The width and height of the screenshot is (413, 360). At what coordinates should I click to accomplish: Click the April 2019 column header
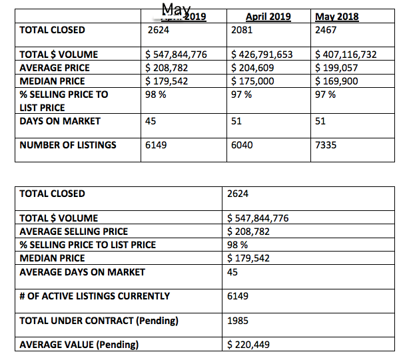click(268, 17)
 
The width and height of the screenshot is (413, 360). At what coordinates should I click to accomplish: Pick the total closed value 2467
click(326, 30)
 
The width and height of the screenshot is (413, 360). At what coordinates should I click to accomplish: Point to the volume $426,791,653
click(262, 55)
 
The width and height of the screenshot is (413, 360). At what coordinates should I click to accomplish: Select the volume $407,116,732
click(346, 55)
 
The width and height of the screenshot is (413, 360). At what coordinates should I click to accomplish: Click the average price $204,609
click(252, 67)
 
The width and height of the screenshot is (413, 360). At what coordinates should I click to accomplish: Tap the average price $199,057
click(336, 67)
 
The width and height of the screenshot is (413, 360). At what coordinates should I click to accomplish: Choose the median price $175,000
click(252, 81)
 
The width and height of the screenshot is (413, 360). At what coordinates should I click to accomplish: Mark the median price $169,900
click(336, 81)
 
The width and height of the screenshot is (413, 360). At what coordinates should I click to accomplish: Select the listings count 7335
click(326, 144)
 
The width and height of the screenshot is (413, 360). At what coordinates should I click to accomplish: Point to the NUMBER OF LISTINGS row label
click(68, 144)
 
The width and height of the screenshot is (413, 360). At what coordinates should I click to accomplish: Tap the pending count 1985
click(238, 320)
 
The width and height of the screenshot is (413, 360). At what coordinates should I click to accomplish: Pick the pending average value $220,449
click(248, 345)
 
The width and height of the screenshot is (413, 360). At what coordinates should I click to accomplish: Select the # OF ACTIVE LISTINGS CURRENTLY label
click(95, 295)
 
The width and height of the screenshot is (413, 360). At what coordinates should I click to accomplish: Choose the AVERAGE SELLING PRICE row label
click(83, 232)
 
